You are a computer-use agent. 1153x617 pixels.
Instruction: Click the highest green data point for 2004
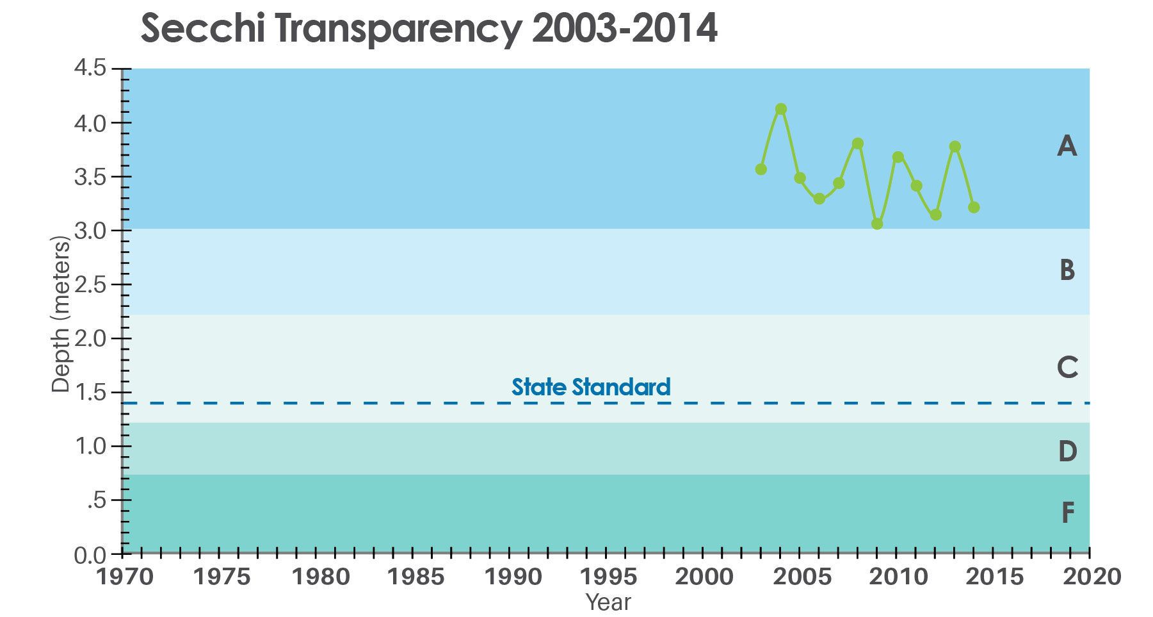(780, 109)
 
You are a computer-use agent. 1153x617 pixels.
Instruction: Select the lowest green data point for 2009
(877, 224)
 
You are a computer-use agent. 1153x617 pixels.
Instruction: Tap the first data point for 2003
(761, 169)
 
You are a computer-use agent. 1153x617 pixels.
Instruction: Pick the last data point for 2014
(974, 207)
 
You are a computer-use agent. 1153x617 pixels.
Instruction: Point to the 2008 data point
(858, 144)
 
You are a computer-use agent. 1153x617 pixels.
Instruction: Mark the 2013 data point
(955, 147)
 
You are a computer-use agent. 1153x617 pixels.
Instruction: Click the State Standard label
(591, 387)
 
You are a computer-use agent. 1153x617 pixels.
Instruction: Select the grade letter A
(1067, 147)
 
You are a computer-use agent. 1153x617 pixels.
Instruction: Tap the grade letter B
(1067, 270)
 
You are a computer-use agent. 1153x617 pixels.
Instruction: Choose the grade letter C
(1067, 368)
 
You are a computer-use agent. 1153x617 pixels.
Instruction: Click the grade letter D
(1067, 452)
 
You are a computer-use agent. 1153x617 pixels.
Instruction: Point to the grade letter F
(1067, 513)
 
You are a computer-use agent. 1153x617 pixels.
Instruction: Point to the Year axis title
(608, 602)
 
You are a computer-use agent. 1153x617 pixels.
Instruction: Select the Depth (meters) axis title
(60, 314)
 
